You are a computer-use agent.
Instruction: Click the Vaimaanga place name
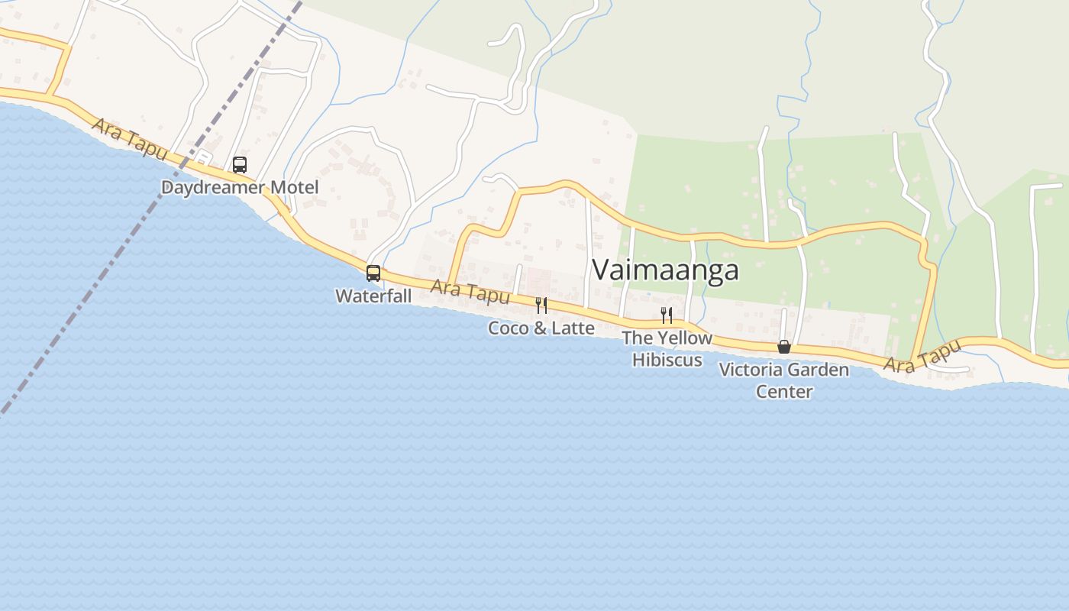click(x=665, y=270)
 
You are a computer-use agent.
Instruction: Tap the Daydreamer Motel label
click(x=240, y=187)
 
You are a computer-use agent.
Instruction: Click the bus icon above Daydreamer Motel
click(x=240, y=164)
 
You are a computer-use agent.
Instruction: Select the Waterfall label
click(x=373, y=296)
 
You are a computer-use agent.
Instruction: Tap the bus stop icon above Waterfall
click(x=373, y=273)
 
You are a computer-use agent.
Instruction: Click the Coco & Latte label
click(x=541, y=328)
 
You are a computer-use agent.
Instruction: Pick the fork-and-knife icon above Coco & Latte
click(x=541, y=305)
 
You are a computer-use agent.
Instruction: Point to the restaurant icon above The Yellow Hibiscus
click(x=667, y=315)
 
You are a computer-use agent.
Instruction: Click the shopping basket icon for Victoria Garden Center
click(x=783, y=347)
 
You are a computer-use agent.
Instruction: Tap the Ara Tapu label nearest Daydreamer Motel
click(x=129, y=138)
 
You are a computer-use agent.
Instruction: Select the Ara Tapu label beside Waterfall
click(x=470, y=291)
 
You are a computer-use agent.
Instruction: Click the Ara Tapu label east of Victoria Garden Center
click(x=922, y=356)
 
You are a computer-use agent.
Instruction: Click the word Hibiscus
click(x=667, y=360)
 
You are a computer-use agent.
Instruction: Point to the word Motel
click(x=294, y=187)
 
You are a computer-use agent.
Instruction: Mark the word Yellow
click(x=685, y=338)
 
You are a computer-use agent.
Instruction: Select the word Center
click(x=783, y=392)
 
